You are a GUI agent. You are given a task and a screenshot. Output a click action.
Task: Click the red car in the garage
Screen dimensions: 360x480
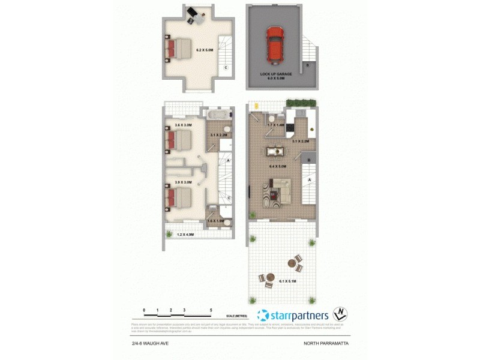[275, 45]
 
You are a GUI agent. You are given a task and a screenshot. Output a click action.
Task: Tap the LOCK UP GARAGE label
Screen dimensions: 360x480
[276, 74]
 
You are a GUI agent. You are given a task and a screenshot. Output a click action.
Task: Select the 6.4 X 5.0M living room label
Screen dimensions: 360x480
[276, 166]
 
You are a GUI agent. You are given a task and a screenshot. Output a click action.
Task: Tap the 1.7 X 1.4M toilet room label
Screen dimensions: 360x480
[275, 124]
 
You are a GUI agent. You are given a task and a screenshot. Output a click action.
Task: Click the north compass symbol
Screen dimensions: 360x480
[341, 314]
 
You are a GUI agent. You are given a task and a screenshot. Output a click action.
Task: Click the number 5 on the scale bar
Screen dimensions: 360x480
[211, 310]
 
